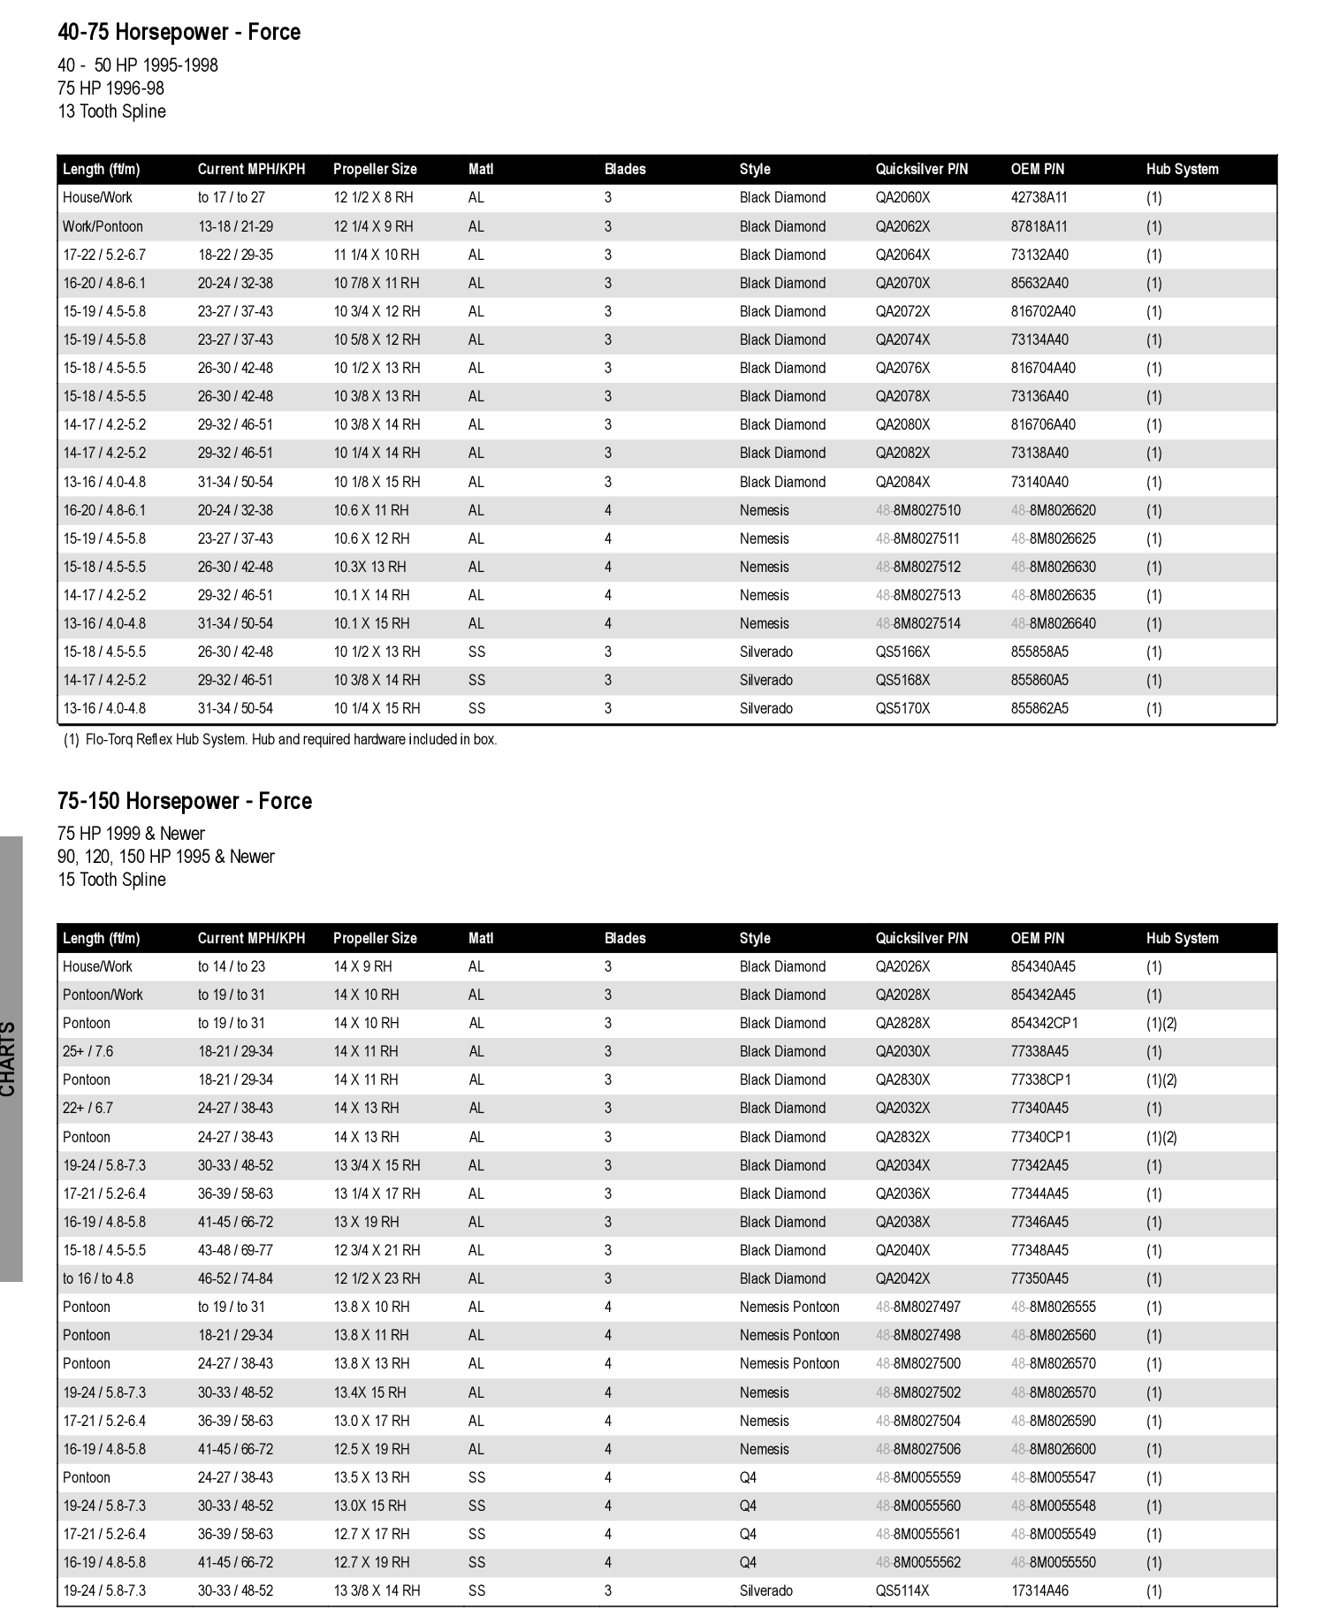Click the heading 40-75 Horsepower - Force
[x=179, y=33]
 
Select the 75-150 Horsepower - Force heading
[x=185, y=801]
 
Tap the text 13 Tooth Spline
[x=111, y=111]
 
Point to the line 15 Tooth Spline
[x=111, y=880]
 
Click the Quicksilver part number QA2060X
[x=902, y=198]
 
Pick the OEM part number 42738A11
[x=1039, y=198]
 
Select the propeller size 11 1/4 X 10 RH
[x=377, y=255]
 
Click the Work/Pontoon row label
[x=103, y=226]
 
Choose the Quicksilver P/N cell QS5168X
[x=902, y=680]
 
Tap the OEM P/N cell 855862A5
[x=1039, y=708]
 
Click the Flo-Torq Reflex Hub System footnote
[x=280, y=739]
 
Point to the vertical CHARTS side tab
[x=10, y=1058]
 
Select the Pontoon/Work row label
[x=103, y=995]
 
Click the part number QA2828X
[x=902, y=1023]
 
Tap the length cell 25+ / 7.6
[x=88, y=1051]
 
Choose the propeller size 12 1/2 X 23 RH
[x=377, y=1278]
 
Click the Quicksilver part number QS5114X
[x=902, y=1590]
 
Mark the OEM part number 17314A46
[x=1039, y=1590]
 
